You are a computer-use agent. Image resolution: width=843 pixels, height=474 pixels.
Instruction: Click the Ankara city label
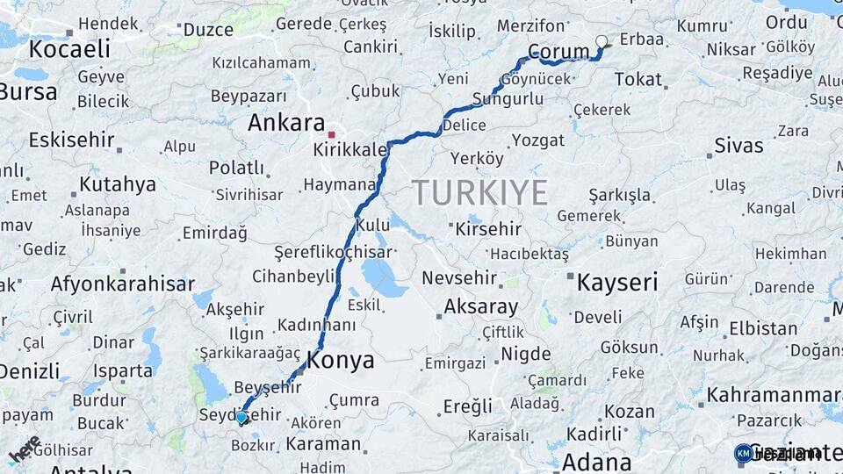tap(285, 122)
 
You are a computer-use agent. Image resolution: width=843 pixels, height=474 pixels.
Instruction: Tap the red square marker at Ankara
tap(331, 134)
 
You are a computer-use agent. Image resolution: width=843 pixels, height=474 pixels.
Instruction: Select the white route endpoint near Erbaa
tap(602, 40)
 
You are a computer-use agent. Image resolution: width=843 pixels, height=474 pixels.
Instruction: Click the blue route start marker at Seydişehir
tap(241, 417)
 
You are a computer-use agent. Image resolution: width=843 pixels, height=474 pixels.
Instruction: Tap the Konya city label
tap(340, 360)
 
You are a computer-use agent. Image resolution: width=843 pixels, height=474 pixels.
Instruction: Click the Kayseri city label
tap(616, 282)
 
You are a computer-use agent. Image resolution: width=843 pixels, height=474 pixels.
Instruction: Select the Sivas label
tap(738, 145)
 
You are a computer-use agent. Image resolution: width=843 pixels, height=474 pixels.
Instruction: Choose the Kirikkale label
tap(349, 150)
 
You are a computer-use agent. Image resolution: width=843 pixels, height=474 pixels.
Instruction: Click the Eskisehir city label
tap(71, 140)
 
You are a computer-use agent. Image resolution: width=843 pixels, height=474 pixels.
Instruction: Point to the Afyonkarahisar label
tap(122, 284)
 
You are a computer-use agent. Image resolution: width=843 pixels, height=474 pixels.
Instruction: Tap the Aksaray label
tap(480, 307)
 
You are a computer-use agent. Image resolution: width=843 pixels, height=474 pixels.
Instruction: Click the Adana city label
tap(596, 462)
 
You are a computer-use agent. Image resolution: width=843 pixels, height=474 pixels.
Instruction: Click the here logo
tap(24, 450)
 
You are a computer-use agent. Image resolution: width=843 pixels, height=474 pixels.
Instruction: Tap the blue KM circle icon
tap(743, 453)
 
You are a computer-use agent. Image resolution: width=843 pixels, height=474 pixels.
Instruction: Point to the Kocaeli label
tap(69, 47)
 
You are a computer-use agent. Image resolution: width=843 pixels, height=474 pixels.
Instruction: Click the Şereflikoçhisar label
tap(333, 251)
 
